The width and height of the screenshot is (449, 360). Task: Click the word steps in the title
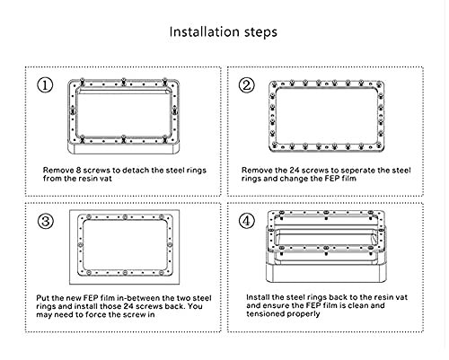tap(260, 32)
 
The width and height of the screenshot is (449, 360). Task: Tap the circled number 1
tap(45, 85)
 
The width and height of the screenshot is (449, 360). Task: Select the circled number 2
tap(247, 85)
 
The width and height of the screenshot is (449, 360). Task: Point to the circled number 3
tap(46, 222)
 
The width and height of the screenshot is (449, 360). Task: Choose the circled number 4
tap(247, 221)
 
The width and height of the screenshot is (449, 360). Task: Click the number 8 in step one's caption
tap(78, 171)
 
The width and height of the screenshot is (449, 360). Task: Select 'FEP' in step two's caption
tap(331, 179)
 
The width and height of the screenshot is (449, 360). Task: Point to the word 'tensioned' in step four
tap(264, 314)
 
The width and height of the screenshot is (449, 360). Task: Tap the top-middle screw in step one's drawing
tap(123, 82)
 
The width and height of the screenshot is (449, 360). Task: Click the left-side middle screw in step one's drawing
tap(73, 111)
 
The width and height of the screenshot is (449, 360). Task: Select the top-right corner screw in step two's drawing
tap(379, 83)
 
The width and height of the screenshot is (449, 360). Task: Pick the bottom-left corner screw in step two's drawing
tap(274, 146)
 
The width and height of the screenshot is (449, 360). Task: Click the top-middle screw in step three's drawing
tap(125, 216)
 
